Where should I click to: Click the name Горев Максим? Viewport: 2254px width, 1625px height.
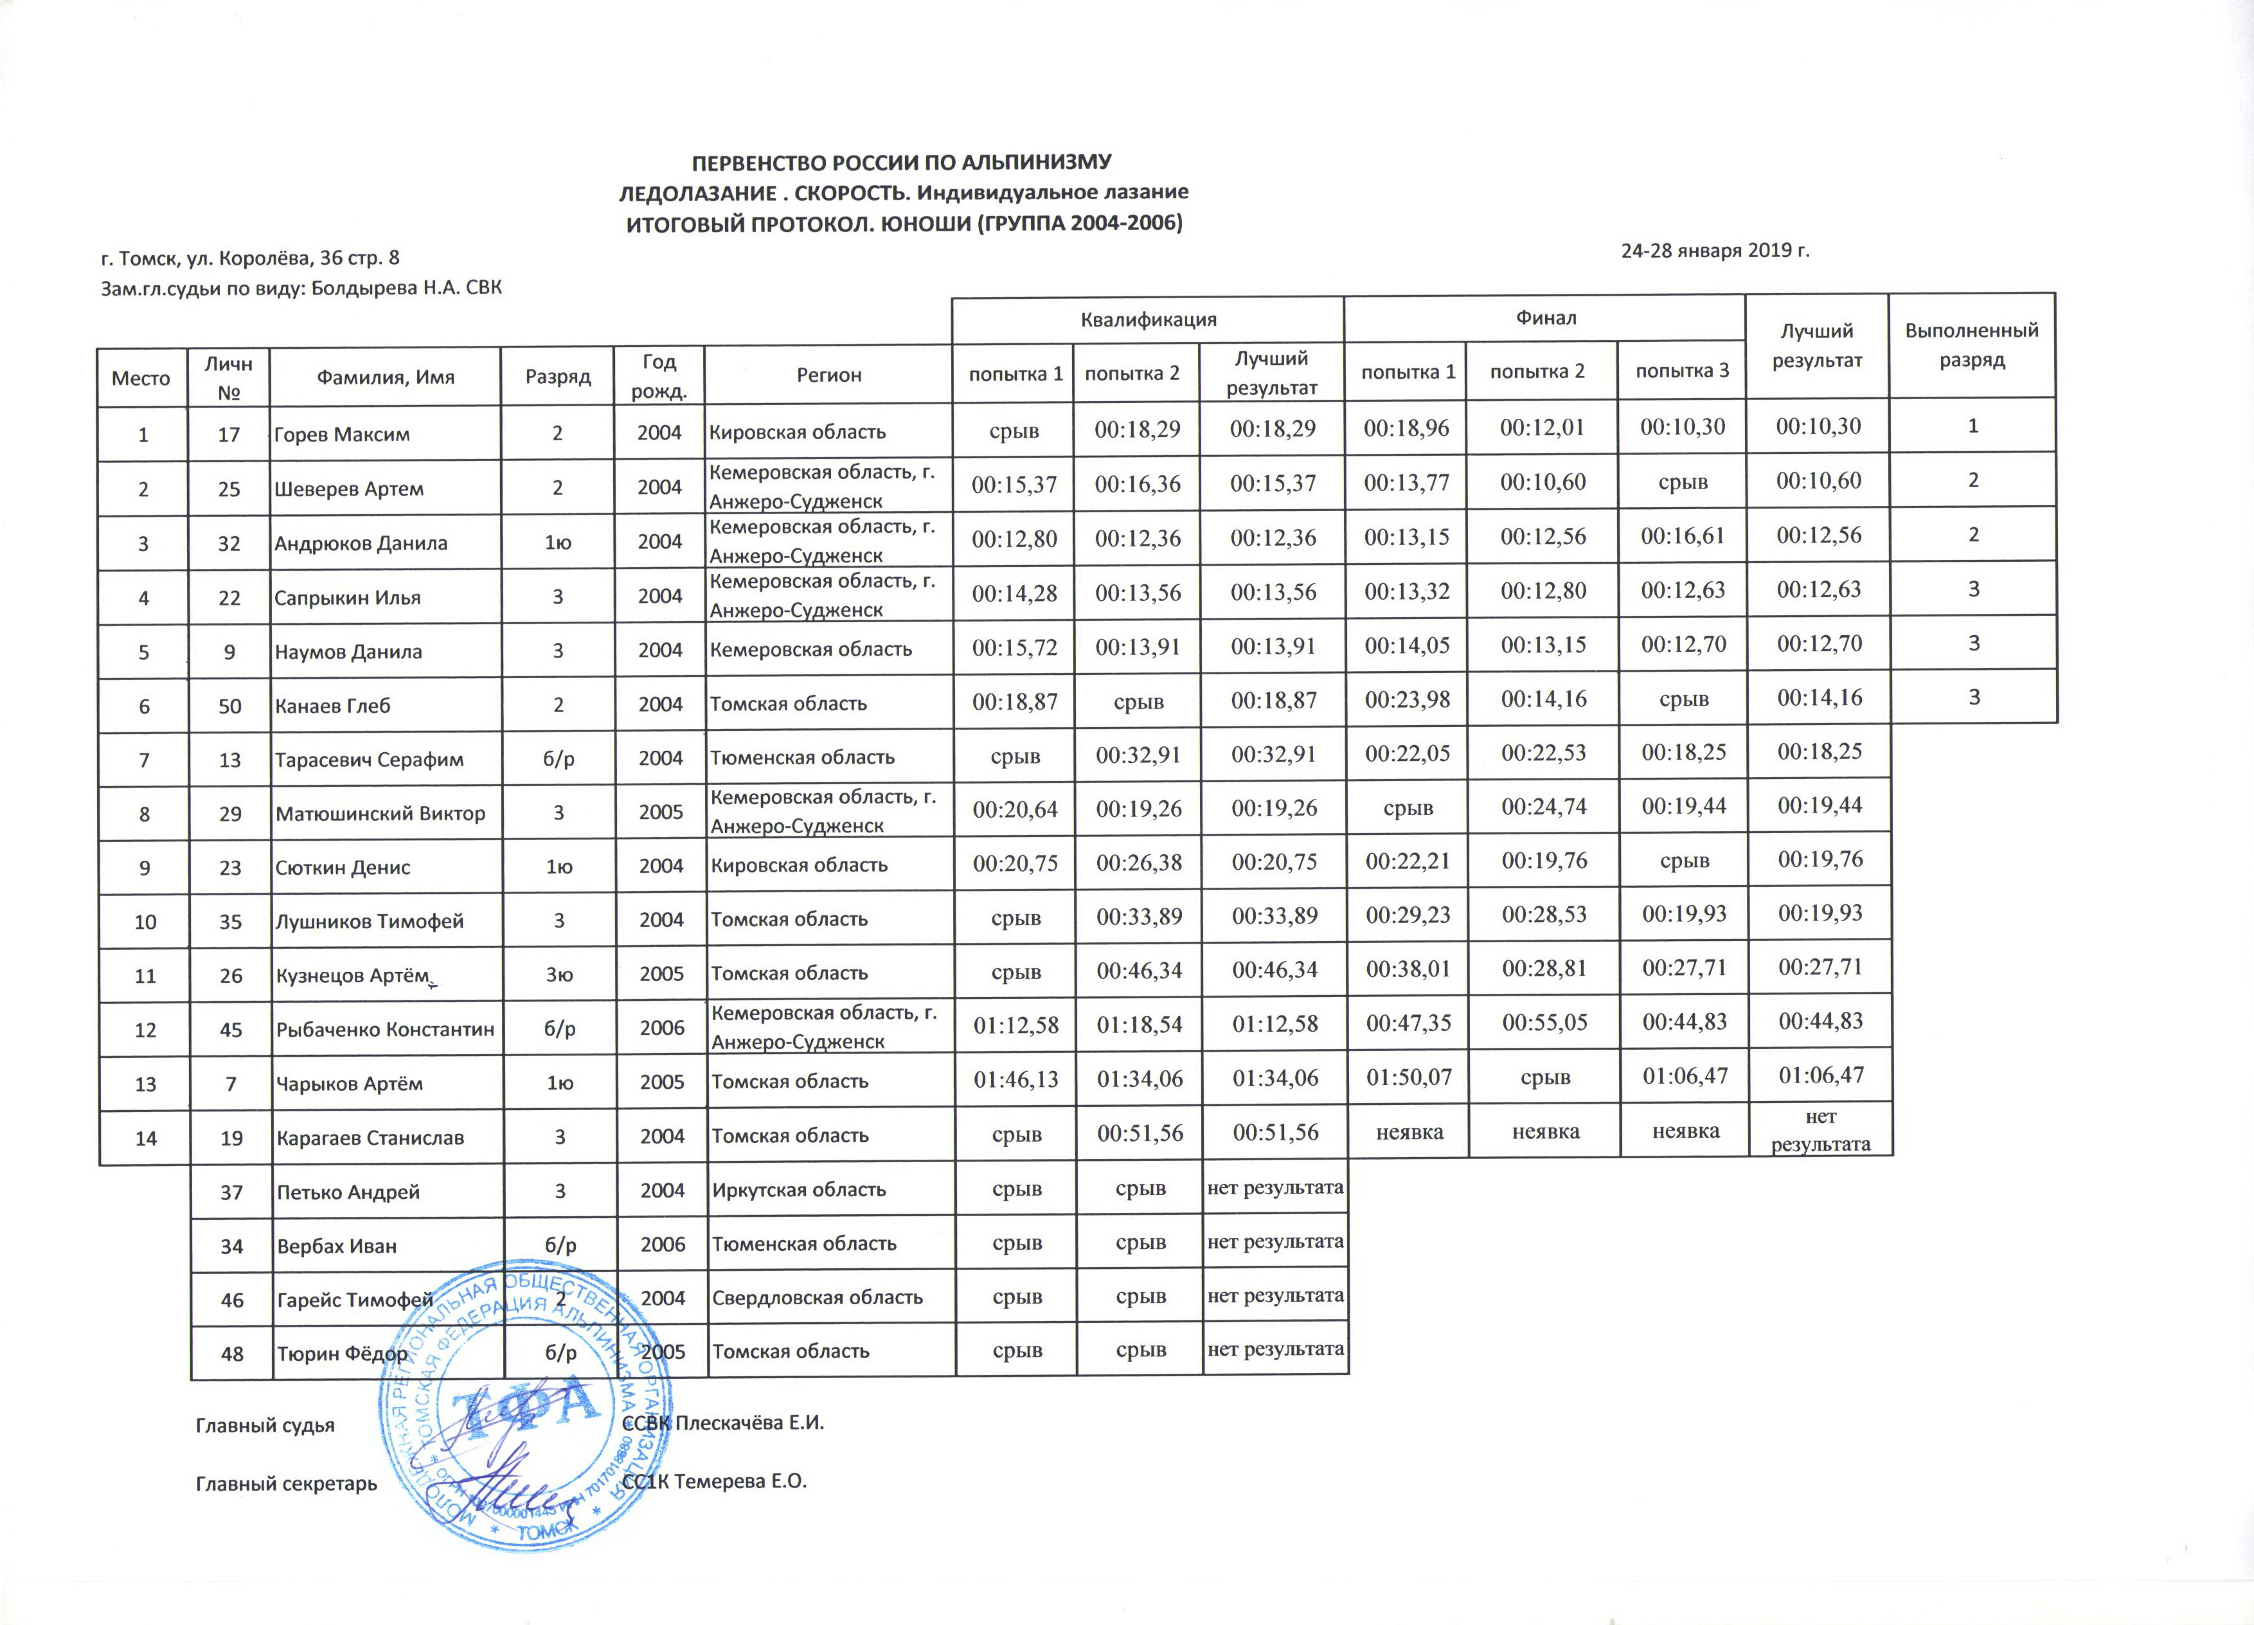click(x=342, y=435)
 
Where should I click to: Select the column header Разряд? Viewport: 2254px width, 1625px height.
click(x=557, y=377)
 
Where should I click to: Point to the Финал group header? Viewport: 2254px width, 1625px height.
click(x=1545, y=317)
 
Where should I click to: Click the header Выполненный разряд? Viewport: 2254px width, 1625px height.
click(x=1972, y=345)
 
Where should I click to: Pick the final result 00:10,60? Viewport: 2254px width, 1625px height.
click(x=1820, y=481)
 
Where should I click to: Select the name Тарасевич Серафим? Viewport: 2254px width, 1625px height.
click(x=369, y=759)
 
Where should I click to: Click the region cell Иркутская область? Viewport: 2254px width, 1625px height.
click(x=798, y=1190)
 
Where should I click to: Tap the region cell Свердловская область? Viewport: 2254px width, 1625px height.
click(x=817, y=1297)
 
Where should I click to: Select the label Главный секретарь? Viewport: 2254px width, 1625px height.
click(x=286, y=1484)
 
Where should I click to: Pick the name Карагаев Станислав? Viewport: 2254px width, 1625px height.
click(x=370, y=1138)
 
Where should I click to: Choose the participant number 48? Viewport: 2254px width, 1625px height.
click(x=231, y=1352)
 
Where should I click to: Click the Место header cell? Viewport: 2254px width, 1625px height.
click(x=141, y=378)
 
